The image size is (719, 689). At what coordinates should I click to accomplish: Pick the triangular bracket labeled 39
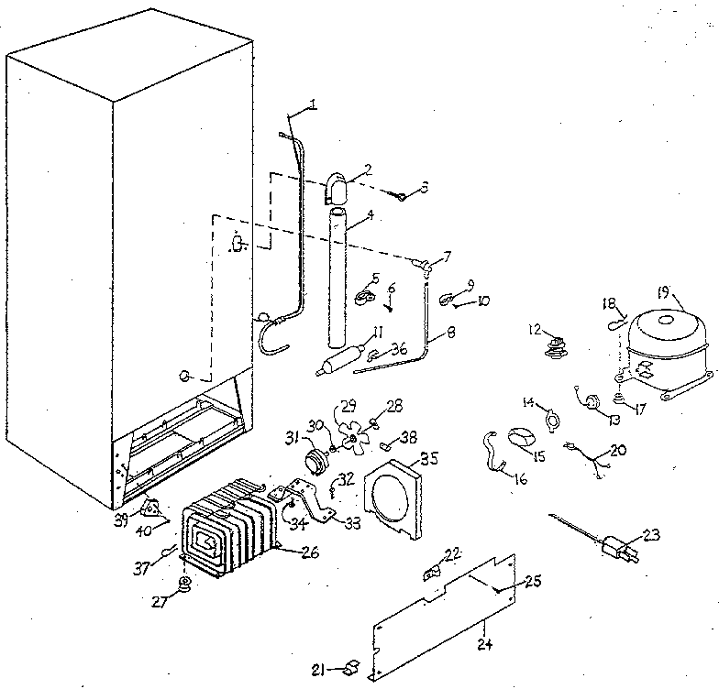pos(149,507)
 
